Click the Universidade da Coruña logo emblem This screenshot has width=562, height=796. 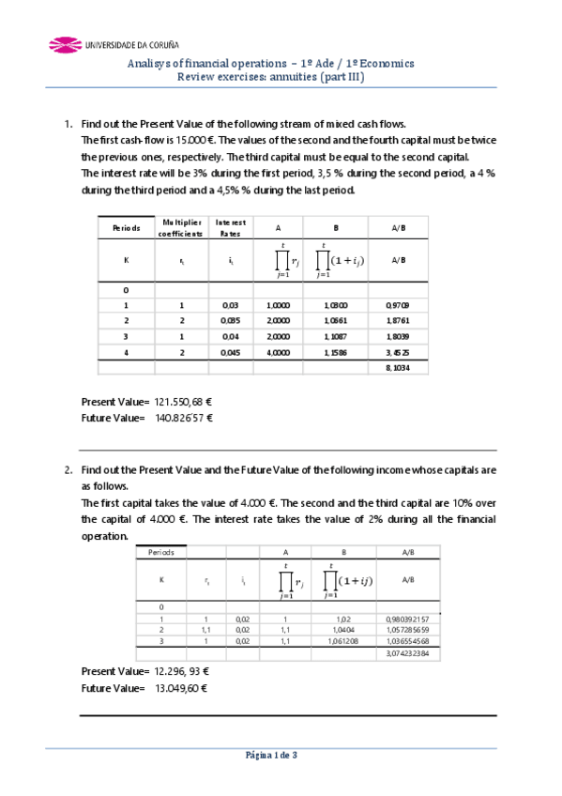point(63,43)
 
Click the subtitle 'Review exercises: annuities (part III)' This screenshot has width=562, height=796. point(271,78)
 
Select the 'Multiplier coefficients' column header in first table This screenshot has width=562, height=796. point(180,227)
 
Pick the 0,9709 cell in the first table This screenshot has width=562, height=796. point(397,306)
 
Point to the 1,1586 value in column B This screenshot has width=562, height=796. point(335,352)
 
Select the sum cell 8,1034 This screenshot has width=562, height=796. point(397,369)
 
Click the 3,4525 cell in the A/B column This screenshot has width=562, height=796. point(397,352)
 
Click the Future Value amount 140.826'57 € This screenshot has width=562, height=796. point(185,418)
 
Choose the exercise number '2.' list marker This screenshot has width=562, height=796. point(68,468)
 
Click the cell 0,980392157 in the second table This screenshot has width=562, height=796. point(407,620)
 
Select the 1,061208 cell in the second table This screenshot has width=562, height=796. point(342,641)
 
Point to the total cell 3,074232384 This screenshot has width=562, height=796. point(407,653)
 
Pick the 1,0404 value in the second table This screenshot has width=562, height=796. point(342,630)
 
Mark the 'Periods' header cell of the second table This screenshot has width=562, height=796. point(161,553)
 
